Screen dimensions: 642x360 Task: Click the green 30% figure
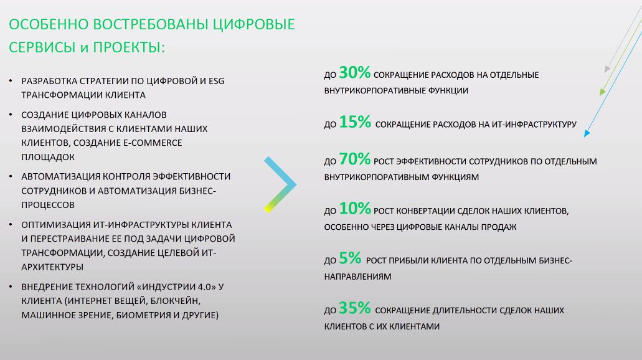354,73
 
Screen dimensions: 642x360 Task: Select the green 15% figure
354,122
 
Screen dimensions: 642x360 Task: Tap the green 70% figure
354,159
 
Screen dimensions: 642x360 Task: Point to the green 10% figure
354,209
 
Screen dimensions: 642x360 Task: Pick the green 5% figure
350,258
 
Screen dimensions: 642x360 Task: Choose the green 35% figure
354,308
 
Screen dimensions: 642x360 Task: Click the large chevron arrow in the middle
280,185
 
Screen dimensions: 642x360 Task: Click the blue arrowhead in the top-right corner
587,133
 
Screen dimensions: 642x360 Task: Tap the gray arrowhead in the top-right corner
607,69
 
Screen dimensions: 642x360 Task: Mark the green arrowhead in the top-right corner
602,92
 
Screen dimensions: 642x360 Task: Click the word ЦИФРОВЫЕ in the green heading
253,24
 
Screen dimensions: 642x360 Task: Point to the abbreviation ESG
217,81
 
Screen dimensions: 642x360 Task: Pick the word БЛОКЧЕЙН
176,301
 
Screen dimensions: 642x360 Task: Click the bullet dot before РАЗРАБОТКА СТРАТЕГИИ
11,81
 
